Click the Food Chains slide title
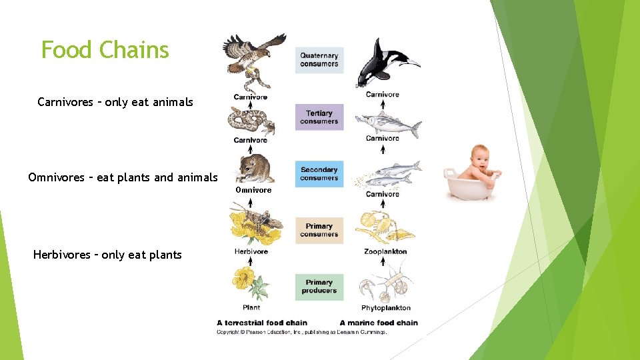pyautogui.click(x=105, y=50)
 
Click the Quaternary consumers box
pyautogui.click(x=319, y=60)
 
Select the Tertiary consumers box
pyautogui.click(x=319, y=117)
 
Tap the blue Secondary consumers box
pyautogui.click(x=319, y=173)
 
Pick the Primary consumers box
pyautogui.click(x=319, y=230)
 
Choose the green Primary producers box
pyautogui.click(x=319, y=286)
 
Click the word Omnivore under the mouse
pyautogui.click(x=253, y=190)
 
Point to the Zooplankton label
pyautogui.click(x=385, y=251)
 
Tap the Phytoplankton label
pyautogui.click(x=385, y=308)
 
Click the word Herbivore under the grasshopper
pyautogui.click(x=251, y=251)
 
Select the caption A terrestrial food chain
pyautogui.click(x=261, y=323)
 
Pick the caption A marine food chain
pyautogui.click(x=379, y=323)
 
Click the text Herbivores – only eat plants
pyautogui.click(x=107, y=255)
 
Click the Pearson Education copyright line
pyautogui.click(x=301, y=331)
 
